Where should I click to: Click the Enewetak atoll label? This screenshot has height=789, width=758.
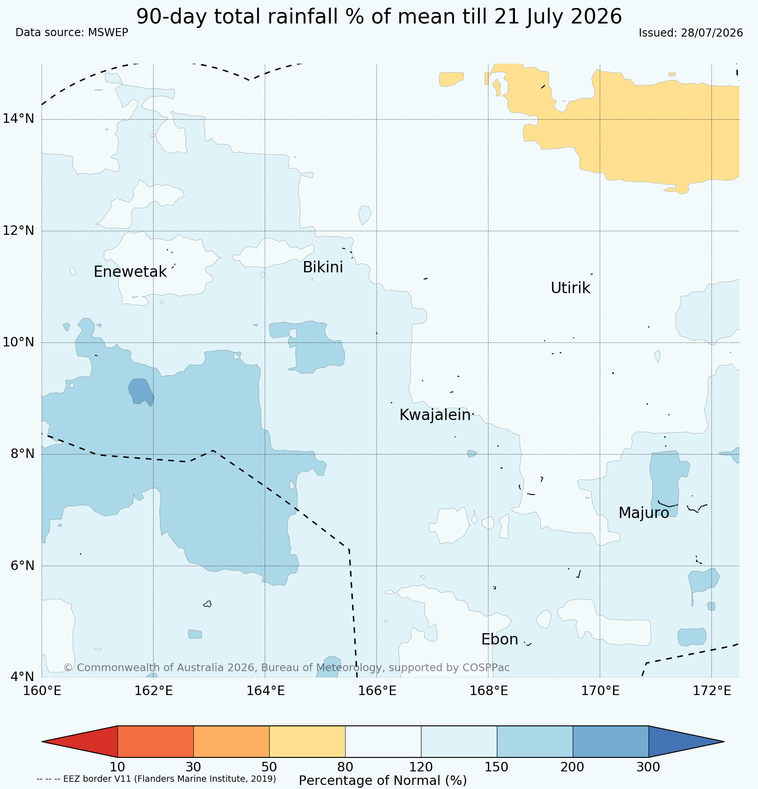click(130, 272)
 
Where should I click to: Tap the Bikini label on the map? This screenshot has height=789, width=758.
click(323, 267)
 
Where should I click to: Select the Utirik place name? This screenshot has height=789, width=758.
click(571, 288)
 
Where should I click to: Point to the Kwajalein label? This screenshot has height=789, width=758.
click(435, 415)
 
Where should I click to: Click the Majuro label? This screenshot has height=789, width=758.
click(644, 513)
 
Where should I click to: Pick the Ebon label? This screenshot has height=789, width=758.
click(500, 640)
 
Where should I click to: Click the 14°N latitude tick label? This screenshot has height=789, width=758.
click(19, 119)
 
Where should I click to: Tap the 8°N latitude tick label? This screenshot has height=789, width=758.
click(22, 454)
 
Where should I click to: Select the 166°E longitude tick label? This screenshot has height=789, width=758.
click(377, 691)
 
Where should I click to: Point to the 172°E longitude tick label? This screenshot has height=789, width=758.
click(711, 691)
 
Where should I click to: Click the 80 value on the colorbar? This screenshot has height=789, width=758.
click(345, 767)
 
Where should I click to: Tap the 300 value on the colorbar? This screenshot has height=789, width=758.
click(648, 767)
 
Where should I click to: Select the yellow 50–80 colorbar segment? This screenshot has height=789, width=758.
click(307, 742)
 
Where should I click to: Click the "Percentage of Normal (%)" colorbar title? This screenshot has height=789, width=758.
click(383, 780)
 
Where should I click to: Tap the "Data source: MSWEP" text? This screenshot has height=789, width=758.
click(72, 33)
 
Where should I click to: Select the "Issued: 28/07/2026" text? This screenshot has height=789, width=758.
click(691, 33)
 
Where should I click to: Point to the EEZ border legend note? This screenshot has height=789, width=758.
click(156, 779)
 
